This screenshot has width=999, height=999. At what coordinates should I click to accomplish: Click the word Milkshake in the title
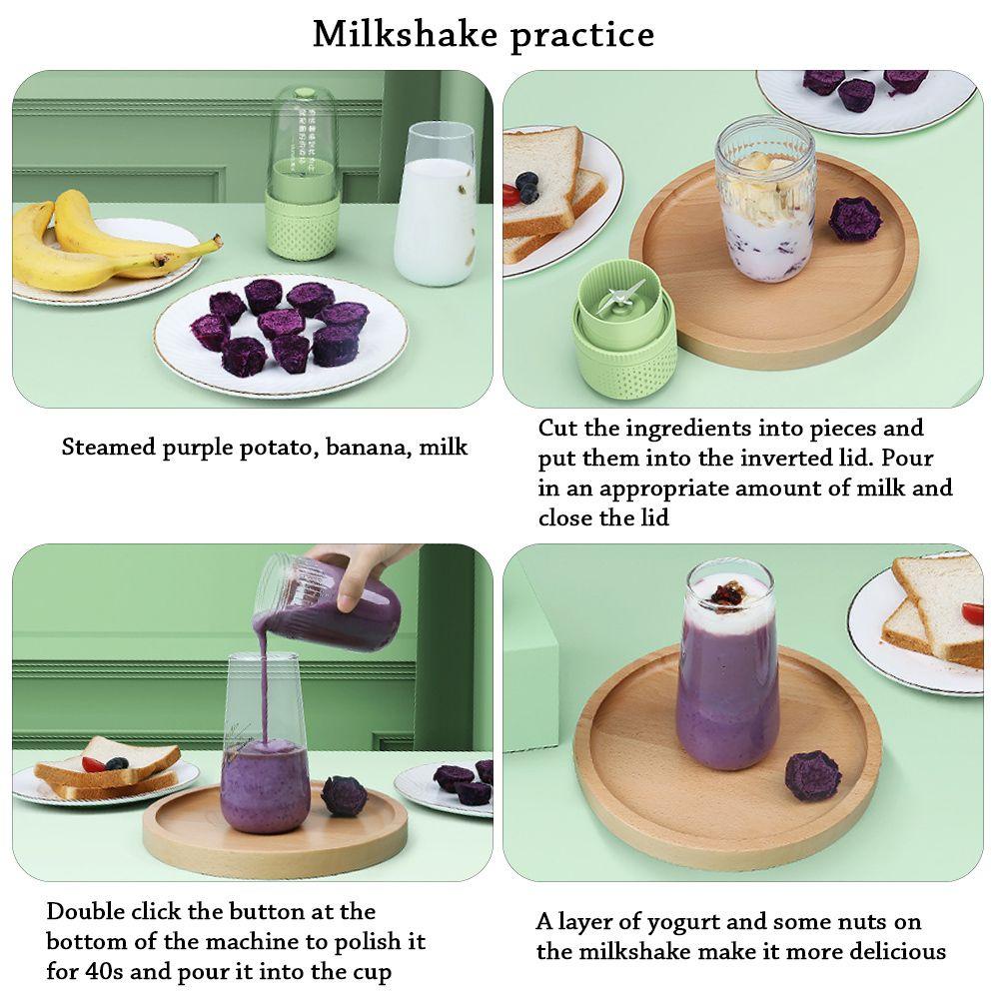(408, 34)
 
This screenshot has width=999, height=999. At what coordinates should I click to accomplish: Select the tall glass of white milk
(436, 204)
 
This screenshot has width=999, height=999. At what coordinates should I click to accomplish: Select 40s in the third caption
(104, 972)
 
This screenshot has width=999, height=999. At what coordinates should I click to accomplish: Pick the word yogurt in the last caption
(678, 923)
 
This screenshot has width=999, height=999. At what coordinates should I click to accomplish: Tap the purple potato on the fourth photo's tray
(812, 775)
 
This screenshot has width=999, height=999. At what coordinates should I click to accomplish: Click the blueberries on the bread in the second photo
(526, 186)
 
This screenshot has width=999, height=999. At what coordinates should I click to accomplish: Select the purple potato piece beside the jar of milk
(856, 219)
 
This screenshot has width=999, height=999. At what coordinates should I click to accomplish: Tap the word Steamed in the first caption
(109, 447)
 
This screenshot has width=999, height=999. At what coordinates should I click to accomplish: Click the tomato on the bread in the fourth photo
(972, 614)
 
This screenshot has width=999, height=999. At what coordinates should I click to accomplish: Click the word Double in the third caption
(86, 911)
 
